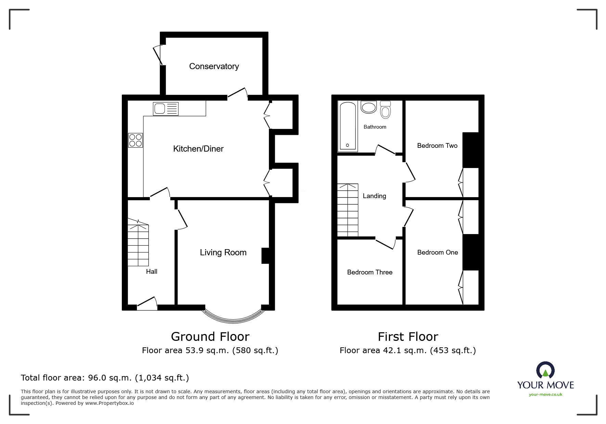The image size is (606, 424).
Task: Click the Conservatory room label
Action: click(214, 66)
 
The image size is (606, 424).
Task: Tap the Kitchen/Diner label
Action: click(198, 149)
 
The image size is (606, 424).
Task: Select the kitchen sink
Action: click(166, 109)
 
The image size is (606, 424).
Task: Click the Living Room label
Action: click(223, 253)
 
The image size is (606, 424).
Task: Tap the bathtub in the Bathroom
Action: click(348, 126)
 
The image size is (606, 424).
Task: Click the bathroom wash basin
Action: click(369, 107)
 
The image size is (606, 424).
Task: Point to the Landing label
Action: click(374, 196)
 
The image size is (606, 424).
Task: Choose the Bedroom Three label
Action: click(370, 272)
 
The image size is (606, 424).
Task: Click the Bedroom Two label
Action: click(437, 146)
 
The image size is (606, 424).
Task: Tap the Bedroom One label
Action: click(438, 253)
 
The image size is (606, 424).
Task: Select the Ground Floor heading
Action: click(210, 337)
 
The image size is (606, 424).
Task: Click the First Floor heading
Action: click(408, 337)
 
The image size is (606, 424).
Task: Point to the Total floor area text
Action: click(105, 378)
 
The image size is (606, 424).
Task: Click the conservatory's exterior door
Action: click(158, 54)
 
